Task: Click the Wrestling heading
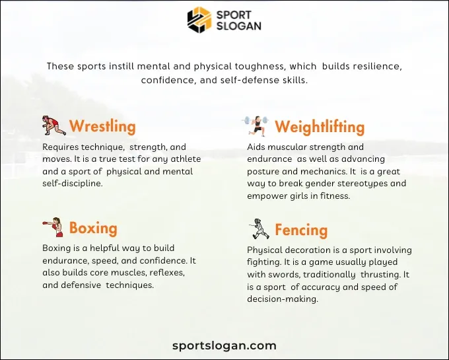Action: point(102,126)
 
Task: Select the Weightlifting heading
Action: point(320,126)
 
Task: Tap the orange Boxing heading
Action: point(93,229)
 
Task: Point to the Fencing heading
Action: point(301,230)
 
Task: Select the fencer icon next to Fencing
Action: point(259,229)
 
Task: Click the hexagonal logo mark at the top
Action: point(199,20)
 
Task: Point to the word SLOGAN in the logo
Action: point(238,26)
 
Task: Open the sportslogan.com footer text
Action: point(224,345)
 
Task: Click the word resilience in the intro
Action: point(372,67)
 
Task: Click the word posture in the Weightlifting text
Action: point(264,171)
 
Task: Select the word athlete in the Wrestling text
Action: point(185,159)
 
